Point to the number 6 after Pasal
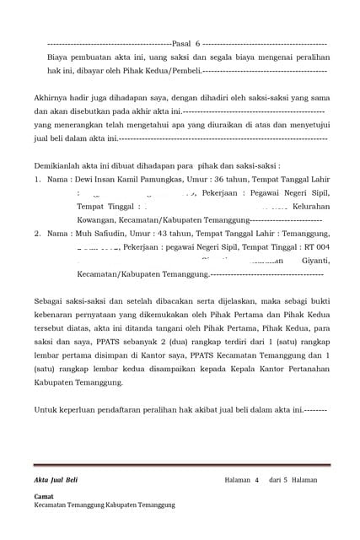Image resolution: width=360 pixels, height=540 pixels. [197, 42]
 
